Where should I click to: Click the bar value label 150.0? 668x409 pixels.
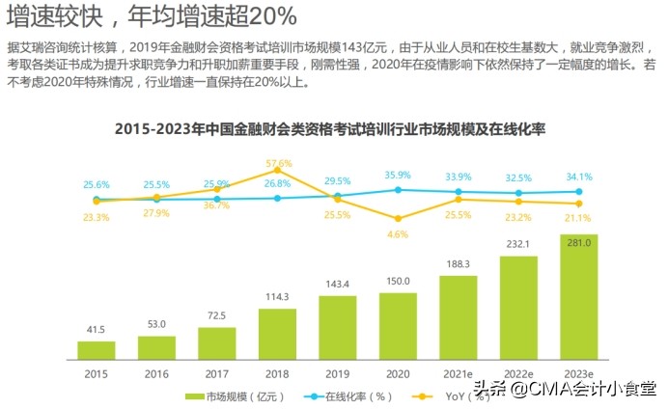398,281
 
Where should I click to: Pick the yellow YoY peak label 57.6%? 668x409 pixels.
278,162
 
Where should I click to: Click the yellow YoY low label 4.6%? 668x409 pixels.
398,233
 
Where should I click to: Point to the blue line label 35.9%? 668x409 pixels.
398,175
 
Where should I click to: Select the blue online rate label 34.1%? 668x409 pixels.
579,177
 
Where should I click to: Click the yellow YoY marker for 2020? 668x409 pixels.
398,218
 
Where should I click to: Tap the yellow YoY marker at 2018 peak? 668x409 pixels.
278,171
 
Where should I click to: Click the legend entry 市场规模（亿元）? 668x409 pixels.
229,396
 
